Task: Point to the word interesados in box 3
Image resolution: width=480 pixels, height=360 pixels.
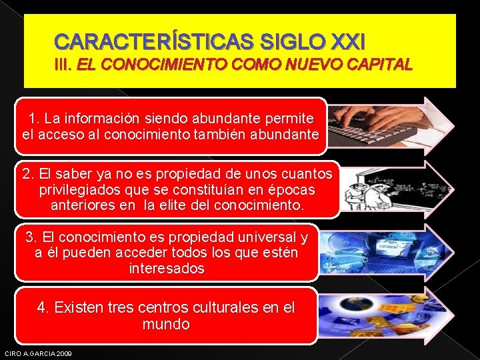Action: pyautogui.click(x=167, y=269)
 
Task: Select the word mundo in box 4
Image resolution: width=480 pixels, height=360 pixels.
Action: pyautogui.click(x=166, y=325)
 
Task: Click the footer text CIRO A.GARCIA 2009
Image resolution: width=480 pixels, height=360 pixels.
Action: pyautogui.click(x=39, y=353)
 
